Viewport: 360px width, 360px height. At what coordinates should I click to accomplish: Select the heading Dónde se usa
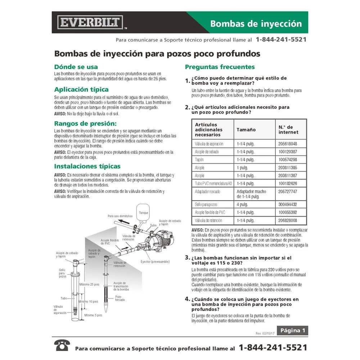coord(76,67)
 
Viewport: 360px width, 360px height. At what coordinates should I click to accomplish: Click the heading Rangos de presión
coord(85,123)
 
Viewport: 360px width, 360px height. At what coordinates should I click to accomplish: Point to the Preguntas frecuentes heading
coord(220,67)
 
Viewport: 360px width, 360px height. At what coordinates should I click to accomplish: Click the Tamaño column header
coord(246,129)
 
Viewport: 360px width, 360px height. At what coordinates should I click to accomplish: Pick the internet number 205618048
coord(287,144)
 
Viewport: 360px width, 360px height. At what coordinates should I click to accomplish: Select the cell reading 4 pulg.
coord(244,204)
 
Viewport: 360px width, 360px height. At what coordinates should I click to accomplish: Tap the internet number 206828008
coord(287,220)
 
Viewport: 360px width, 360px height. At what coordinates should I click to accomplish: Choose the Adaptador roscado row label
coord(207,192)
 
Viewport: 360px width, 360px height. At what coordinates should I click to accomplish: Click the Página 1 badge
coord(292,330)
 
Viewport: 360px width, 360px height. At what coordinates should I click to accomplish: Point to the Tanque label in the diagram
coord(143,213)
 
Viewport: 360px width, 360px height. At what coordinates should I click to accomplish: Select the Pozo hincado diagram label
coord(121,299)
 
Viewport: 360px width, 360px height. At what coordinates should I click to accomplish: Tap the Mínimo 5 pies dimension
coord(93,315)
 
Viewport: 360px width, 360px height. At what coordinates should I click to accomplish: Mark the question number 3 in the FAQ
coord(187,258)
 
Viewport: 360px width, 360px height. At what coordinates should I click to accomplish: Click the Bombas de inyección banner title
coord(256,24)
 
